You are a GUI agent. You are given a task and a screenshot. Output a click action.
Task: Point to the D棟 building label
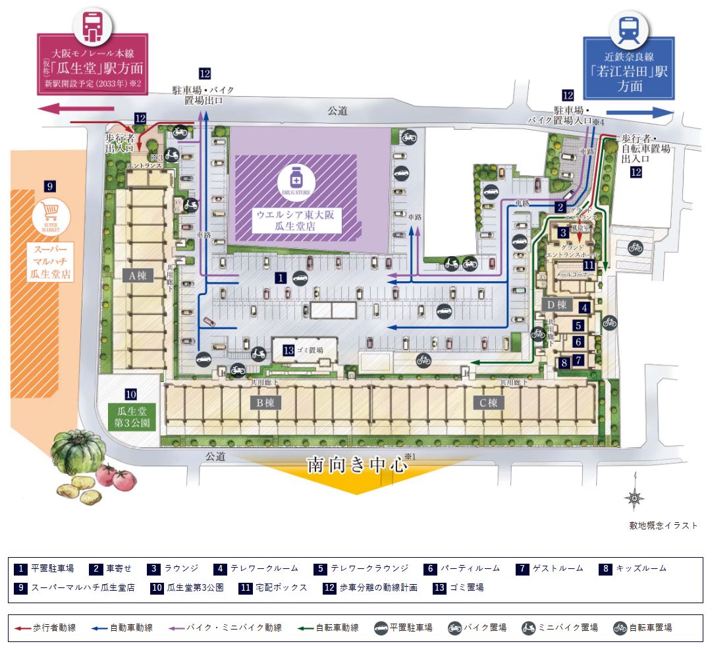tap(557, 304)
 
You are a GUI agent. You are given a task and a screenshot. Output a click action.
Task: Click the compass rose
tap(634, 500)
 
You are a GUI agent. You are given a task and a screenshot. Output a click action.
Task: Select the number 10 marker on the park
tap(130, 394)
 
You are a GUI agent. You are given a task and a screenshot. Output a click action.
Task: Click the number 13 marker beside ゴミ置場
tap(288, 350)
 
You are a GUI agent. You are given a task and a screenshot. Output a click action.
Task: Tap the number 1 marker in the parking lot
tap(281, 278)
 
